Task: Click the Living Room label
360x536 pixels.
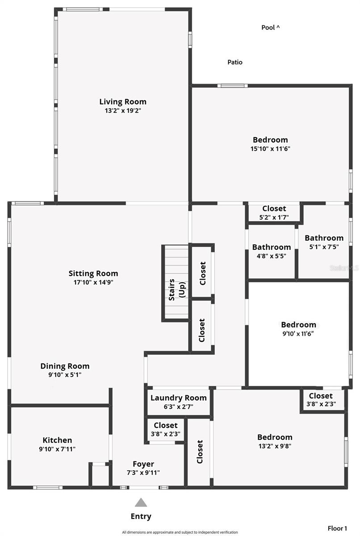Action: coord(122,101)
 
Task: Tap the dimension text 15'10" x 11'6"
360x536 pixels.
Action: coord(270,149)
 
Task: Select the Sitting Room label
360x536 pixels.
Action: coord(93,273)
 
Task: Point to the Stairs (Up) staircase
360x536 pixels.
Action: coord(176,282)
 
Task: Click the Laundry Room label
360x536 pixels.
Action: coord(178,398)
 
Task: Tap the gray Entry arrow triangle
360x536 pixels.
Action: coord(141,502)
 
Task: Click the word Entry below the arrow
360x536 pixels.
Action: coord(141,516)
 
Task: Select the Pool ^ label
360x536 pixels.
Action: coord(270,28)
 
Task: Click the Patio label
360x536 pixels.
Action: coord(235,62)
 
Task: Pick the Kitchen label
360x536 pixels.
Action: coord(57,440)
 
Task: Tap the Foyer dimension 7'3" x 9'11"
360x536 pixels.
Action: coord(143,473)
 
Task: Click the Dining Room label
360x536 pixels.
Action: coord(65,366)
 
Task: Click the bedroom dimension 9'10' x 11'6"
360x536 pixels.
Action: coord(298,333)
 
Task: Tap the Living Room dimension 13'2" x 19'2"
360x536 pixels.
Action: coord(122,110)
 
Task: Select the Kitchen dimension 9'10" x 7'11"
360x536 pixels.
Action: coord(57,449)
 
